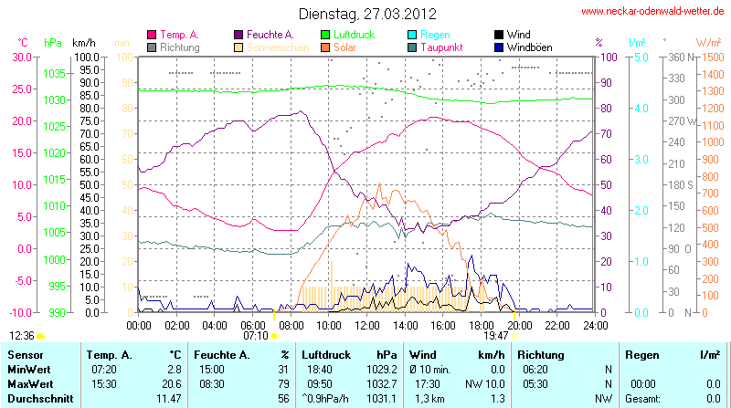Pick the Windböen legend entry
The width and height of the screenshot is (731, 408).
pyautogui.click(x=532, y=47)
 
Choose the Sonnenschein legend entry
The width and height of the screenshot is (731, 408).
pyautogui.click(x=275, y=47)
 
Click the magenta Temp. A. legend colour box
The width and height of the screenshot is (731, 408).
pyautogui.click(x=151, y=34)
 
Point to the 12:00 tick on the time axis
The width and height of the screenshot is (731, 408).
pyautogui.click(x=366, y=325)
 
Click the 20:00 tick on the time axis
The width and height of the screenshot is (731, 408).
pyautogui.click(x=519, y=325)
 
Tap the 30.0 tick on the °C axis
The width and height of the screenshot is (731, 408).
pyautogui.click(x=20, y=57)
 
